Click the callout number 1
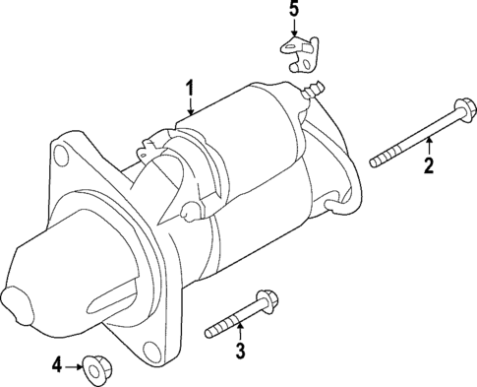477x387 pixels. pyautogui.click(x=189, y=90)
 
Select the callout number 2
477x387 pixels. pyautogui.click(x=429, y=165)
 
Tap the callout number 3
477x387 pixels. pyautogui.click(x=239, y=352)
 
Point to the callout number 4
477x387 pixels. pyautogui.click(x=56, y=365)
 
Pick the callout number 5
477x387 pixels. pyautogui.click(x=292, y=12)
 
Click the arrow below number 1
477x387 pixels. pyautogui.click(x=190, y=110)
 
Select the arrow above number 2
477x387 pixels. pyautogui.click(x=429, y=146)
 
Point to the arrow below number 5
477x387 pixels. pyautogui.click(x=292, y=30)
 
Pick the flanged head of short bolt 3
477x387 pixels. pyautogui.click(x=266, y=300)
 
